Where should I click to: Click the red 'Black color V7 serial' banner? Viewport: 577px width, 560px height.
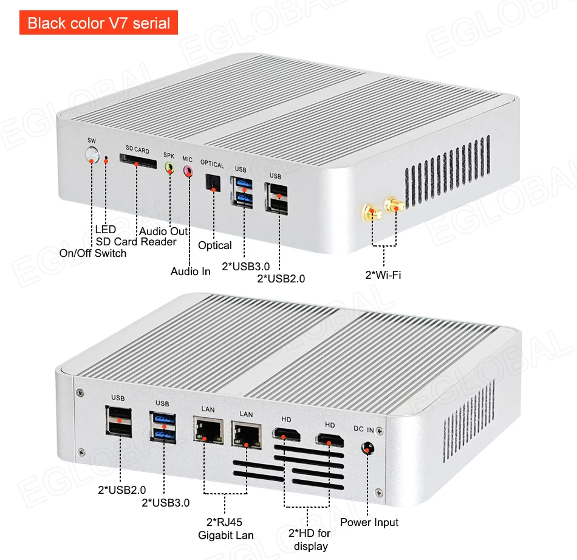coord(98,24)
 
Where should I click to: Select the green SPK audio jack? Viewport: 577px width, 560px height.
coord(169,166)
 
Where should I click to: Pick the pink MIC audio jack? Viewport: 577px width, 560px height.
coord(188,171)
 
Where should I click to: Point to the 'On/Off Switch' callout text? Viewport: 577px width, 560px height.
coord(92,253)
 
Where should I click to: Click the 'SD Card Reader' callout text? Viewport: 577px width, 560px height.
coord(136,242)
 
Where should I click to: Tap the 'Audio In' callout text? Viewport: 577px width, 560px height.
coord(191,271)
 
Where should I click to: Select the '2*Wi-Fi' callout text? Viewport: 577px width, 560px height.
coord(383,275)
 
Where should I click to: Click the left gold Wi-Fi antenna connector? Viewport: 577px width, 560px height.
coord(370,213)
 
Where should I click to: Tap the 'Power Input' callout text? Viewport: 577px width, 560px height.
coord(369,522)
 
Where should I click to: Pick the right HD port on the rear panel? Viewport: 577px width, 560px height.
coord(329,440)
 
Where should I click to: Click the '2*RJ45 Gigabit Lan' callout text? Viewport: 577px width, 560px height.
coord(225,528)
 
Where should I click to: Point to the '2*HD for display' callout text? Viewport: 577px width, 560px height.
coord(310,539)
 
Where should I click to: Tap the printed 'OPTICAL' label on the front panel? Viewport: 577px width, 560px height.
coord(213,165)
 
